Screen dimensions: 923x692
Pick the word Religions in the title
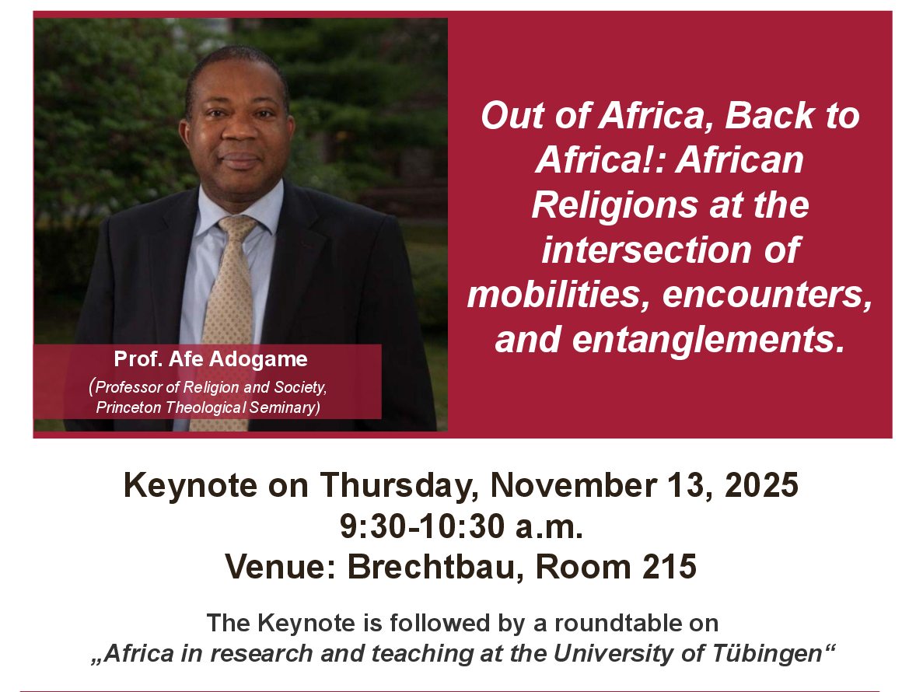coord(615,205)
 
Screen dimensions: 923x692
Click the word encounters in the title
coord(767,294)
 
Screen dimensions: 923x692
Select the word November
coord(573,485)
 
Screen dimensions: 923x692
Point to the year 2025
coord(761,485)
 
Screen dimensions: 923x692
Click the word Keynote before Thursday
coord(191,485)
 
